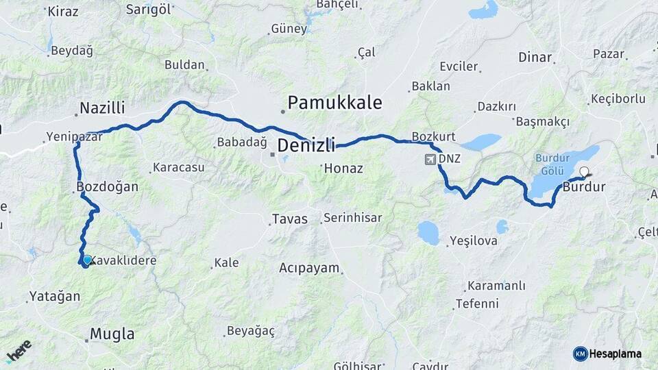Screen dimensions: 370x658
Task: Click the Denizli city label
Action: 306,146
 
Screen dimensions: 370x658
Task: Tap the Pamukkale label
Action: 334,103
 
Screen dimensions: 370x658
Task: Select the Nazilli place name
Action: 102,108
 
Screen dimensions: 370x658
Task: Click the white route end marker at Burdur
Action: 585,172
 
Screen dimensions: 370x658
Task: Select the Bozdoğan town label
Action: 108,186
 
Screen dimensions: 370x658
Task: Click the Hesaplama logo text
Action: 614,354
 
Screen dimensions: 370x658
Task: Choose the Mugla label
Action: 112,335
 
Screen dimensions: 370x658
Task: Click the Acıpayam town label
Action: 309,268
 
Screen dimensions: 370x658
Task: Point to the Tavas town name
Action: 290,219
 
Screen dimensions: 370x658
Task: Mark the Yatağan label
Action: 54,297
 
